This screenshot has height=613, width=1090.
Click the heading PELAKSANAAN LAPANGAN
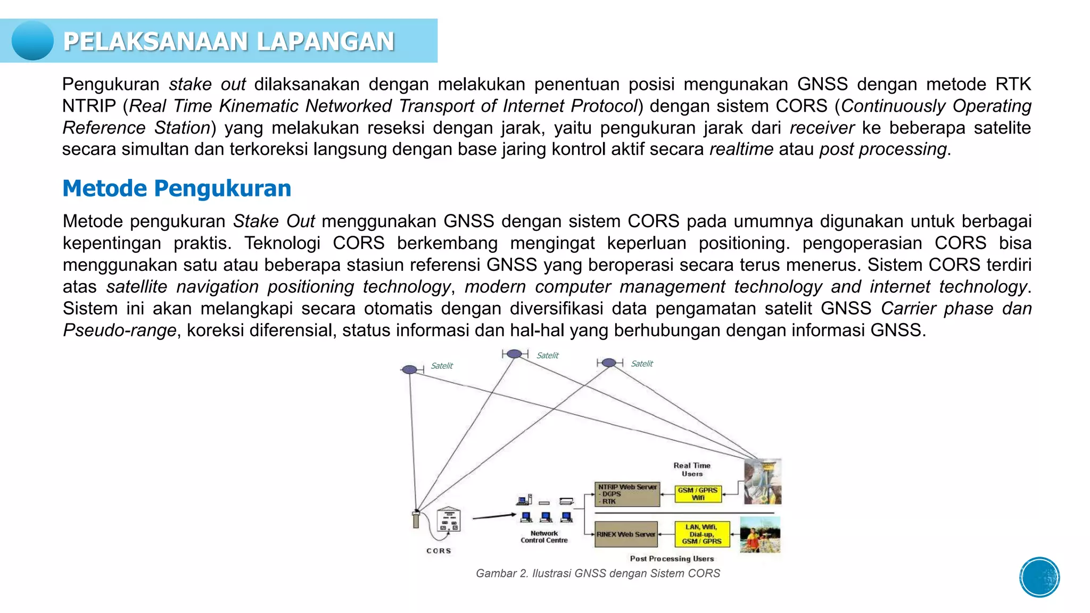[x=228, y=42]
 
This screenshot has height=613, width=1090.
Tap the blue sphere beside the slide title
[x=32, y=40]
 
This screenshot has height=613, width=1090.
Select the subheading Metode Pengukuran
[x=177, y=188]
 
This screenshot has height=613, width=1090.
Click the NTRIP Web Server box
[x=627, y=494]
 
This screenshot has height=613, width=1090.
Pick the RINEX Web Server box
[x=626, y=534]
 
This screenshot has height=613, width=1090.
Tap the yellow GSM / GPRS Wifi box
[x=698, y=494]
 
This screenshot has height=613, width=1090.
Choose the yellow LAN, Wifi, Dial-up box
[x=701, y=534]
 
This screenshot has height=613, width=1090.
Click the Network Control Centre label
[x=544, y=536]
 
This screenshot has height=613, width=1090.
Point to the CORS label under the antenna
[x=439, y=551]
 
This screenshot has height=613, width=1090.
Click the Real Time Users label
[x=692, y=469]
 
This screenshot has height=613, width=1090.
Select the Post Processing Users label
[x=672, y=559]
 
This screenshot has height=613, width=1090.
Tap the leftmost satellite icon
[x=409, y=369]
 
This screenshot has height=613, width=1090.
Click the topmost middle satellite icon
[x=514, y=354]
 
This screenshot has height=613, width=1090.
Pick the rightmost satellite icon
[x=609, y=363]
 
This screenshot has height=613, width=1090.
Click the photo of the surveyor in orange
[x=760, y=534]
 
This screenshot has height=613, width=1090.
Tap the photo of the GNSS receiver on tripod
[x=763, y=482]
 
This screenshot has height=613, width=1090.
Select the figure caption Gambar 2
[x=598, y=574]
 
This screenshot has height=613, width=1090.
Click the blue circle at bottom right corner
[x=1039, y=577]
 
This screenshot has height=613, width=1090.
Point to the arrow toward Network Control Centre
[x=494, y=516]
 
